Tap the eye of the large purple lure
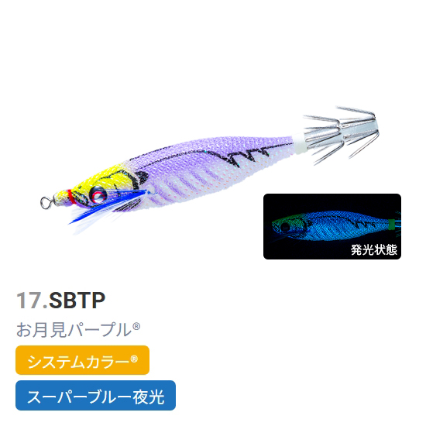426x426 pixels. [x=98, y=194]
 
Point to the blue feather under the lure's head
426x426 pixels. [x=108, y=204]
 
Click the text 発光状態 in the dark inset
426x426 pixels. [x=374, y=249]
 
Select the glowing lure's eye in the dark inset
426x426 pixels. [x=285, y=226]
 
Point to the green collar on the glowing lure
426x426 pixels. [x=391, y=225]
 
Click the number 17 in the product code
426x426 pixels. [x=29, y=301]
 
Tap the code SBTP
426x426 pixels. [x=77, y=301]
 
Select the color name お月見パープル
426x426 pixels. [x=74, y=329]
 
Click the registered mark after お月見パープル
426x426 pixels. [x=136, y=326]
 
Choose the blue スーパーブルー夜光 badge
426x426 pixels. [x=95, y=395]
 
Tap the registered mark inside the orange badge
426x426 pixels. [x=134, y=359]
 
